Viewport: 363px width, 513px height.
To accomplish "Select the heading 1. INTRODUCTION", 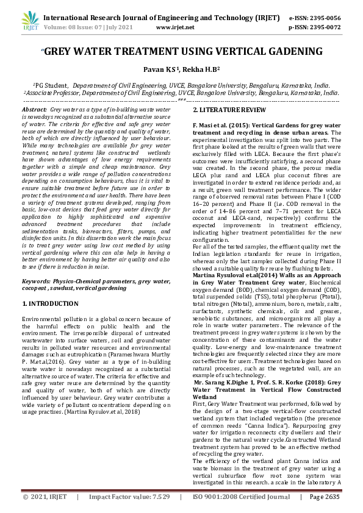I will tap(50, 303).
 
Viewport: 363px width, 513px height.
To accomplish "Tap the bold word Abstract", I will tap(35, 108).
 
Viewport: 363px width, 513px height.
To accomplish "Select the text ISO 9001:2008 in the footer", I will tap(220, 497).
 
